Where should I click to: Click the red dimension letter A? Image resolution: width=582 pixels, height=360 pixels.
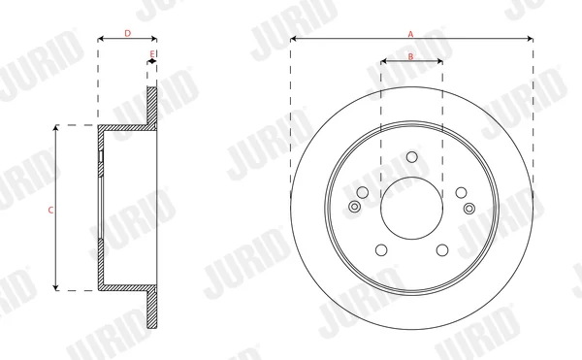click(410, 34)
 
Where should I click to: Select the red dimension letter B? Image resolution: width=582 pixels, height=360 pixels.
click(410, 56)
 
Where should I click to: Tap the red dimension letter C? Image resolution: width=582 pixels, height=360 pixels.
click(50, 210)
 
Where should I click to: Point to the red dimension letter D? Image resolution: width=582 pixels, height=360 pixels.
click(127, 33)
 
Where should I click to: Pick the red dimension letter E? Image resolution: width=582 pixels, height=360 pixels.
click(152, 54)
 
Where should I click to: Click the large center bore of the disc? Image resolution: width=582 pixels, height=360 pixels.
click(411, 208)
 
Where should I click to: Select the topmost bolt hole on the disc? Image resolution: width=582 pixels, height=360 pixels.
click(411, 157)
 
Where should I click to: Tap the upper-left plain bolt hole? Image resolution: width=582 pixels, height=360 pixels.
click(362, 192)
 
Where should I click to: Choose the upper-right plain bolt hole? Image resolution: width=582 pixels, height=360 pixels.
click(461, 193)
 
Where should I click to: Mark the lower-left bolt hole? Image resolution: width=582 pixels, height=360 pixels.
click(381, 250)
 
